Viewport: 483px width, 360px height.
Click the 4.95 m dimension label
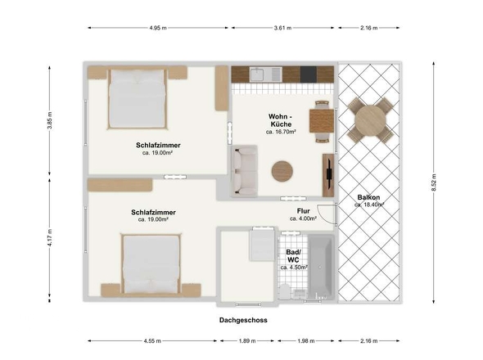click(x=158, y=28)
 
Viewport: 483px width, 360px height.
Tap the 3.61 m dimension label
click(x=282, y=28)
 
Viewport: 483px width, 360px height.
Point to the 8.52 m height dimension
click(x=434, y=182)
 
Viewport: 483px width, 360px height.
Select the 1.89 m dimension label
click(x=247, y=341)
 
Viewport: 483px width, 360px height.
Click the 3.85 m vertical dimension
click(x=50, y=120)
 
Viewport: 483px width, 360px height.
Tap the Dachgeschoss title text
click(x=243, y=320)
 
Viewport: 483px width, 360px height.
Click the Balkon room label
click(x=368, y=197)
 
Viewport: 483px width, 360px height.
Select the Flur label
click(x=304, y=211)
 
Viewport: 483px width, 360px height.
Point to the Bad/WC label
click(x=293, y=256)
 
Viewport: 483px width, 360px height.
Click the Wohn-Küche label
click(x=281, y=120)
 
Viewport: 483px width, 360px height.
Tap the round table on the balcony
click(x=370, y=120)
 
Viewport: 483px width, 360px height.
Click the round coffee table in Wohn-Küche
click(x=282, y=171)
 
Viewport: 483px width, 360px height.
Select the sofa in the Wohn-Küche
click(x=245, y=171)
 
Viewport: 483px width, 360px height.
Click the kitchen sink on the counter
click(x=256, y=74)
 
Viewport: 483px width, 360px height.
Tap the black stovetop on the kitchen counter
click(x=309, y=74)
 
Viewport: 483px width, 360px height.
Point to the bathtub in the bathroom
click(x=321, y=267)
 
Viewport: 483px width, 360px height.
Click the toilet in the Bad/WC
click(x=285, y=291)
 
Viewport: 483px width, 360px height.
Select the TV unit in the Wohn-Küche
click(x=328, y=175)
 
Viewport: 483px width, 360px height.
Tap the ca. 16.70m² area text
click(x=281, y=132)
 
